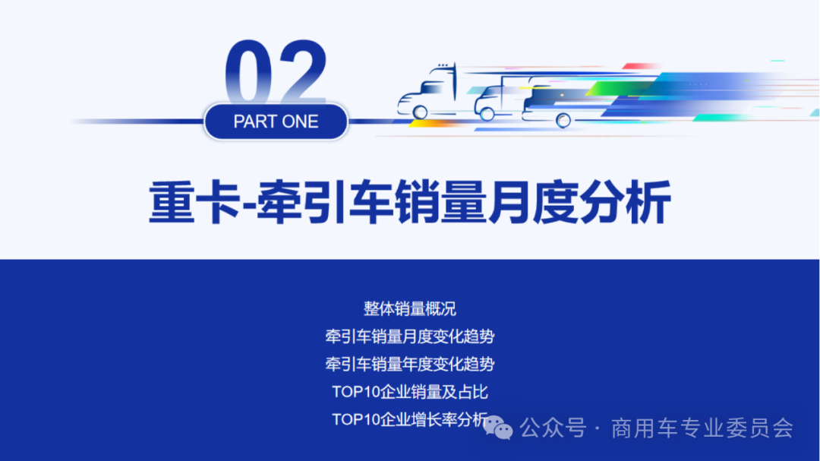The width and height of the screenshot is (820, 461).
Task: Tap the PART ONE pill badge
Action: point(276,122)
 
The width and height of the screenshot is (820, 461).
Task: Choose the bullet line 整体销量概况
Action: point(409,309)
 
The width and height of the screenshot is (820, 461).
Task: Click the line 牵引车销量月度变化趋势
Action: point(409,336)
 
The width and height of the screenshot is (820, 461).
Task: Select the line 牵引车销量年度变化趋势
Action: point(409,364)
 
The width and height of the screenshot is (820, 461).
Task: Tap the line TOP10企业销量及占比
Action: point(409,392)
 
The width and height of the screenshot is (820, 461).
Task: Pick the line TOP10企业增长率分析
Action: point(409,419)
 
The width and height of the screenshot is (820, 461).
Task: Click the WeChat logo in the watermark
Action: point(499,428)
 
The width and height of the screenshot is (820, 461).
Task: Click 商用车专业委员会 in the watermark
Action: point(702,428)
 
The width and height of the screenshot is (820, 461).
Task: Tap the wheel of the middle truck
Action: point(487,114)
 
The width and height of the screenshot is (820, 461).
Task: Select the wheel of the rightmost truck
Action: point(563,119)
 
